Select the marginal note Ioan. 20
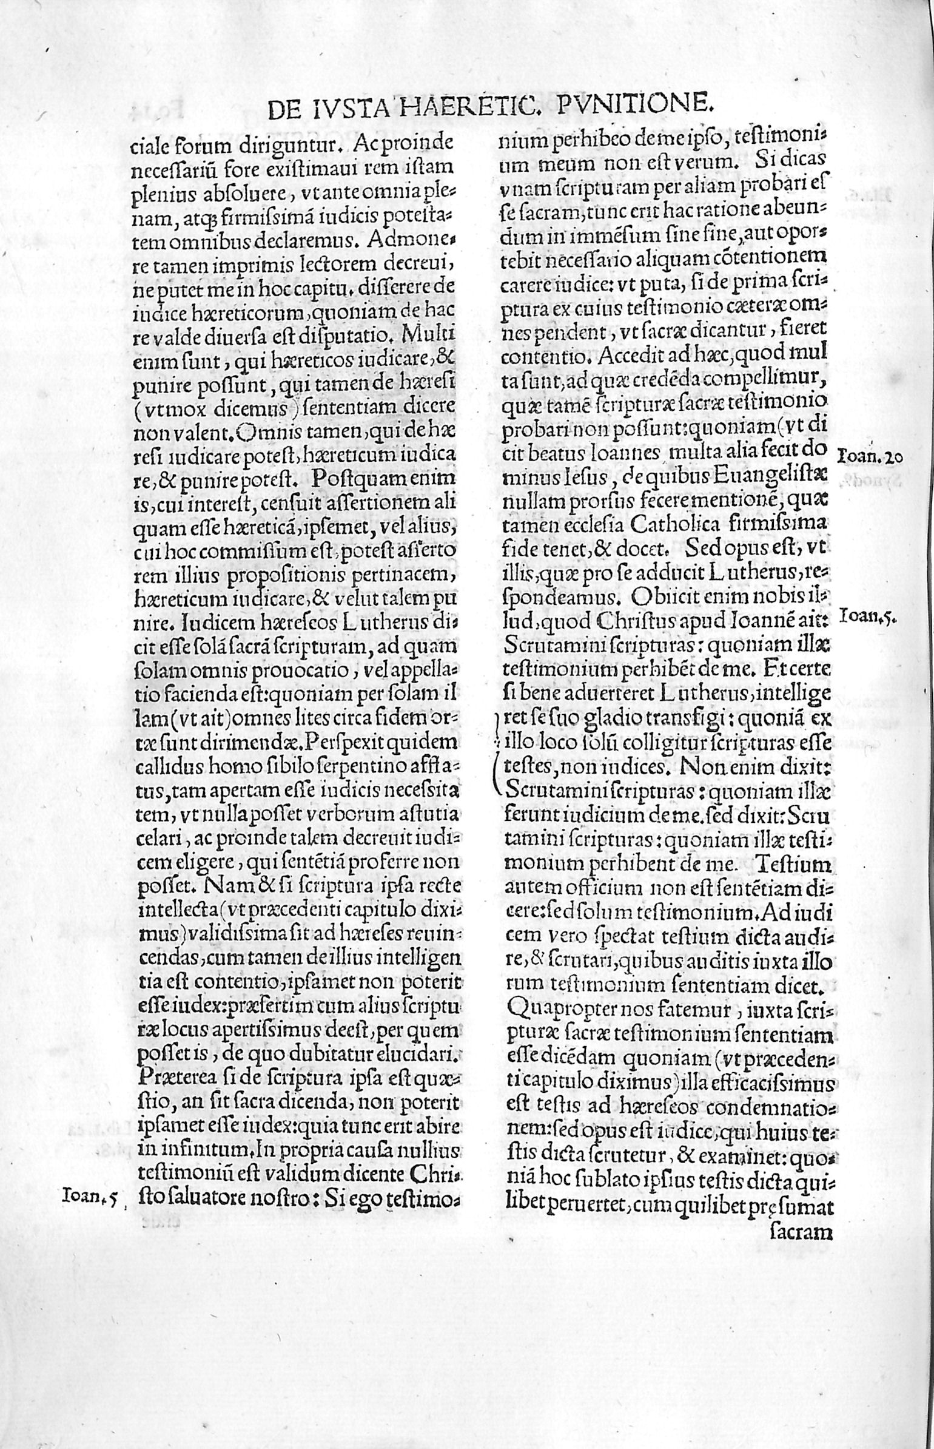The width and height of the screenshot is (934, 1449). (x=871, y=458)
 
